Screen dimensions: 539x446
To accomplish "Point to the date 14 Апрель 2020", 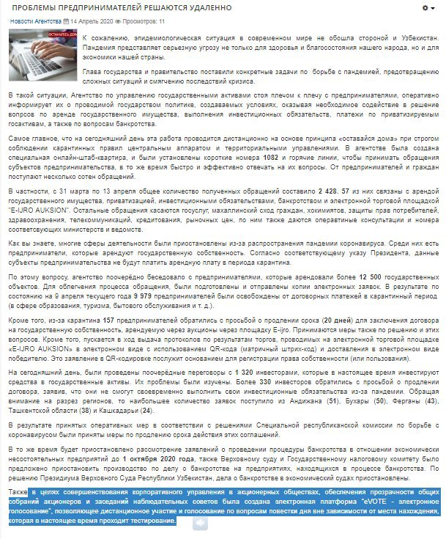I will click(x=92, y=21).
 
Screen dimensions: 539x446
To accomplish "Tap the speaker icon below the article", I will click(x=199, y=522).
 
